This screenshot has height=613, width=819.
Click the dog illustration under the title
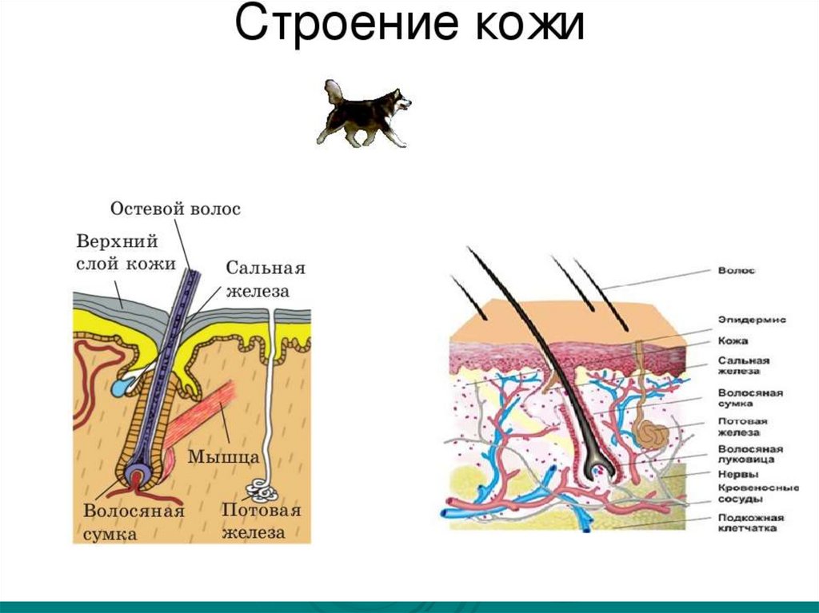point(364,113)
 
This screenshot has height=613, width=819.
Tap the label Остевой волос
point(174,209)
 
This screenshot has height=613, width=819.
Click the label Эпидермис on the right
point(751,319)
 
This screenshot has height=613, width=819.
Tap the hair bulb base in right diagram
point(595,472)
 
